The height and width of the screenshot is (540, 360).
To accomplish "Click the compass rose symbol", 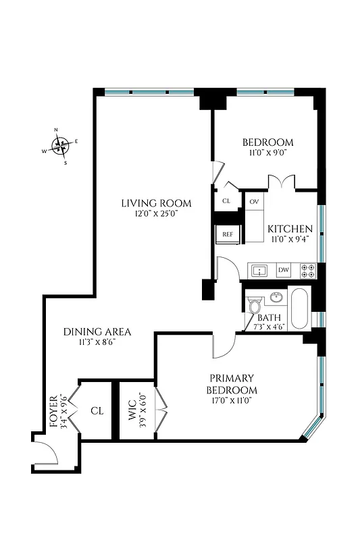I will [61, 145].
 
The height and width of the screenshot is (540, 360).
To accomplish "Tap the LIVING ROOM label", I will [156, 202].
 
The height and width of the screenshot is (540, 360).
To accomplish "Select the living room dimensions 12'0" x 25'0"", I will [156, 213].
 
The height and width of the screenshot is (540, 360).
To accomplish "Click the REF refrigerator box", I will [228, 234].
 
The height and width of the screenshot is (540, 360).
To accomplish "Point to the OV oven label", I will [254, 202].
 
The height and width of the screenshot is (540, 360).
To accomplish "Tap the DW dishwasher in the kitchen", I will [283, 270].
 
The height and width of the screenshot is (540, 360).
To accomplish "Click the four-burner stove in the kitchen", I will [307, 270].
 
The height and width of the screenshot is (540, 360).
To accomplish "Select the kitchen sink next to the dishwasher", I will [259, 271].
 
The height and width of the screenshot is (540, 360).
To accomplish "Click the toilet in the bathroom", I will [255, 306].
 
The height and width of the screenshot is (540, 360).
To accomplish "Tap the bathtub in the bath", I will [299, 308].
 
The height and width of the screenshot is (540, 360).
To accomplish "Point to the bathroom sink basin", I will [276, 296].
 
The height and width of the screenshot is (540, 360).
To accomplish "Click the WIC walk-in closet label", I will [132, 412].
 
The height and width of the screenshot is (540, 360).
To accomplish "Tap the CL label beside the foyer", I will [97, 410].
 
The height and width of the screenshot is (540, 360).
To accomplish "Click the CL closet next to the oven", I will [226, 201].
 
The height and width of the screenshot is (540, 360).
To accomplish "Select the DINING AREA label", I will [97, 331].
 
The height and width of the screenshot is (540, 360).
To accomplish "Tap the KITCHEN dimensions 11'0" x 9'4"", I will [290, 240].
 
